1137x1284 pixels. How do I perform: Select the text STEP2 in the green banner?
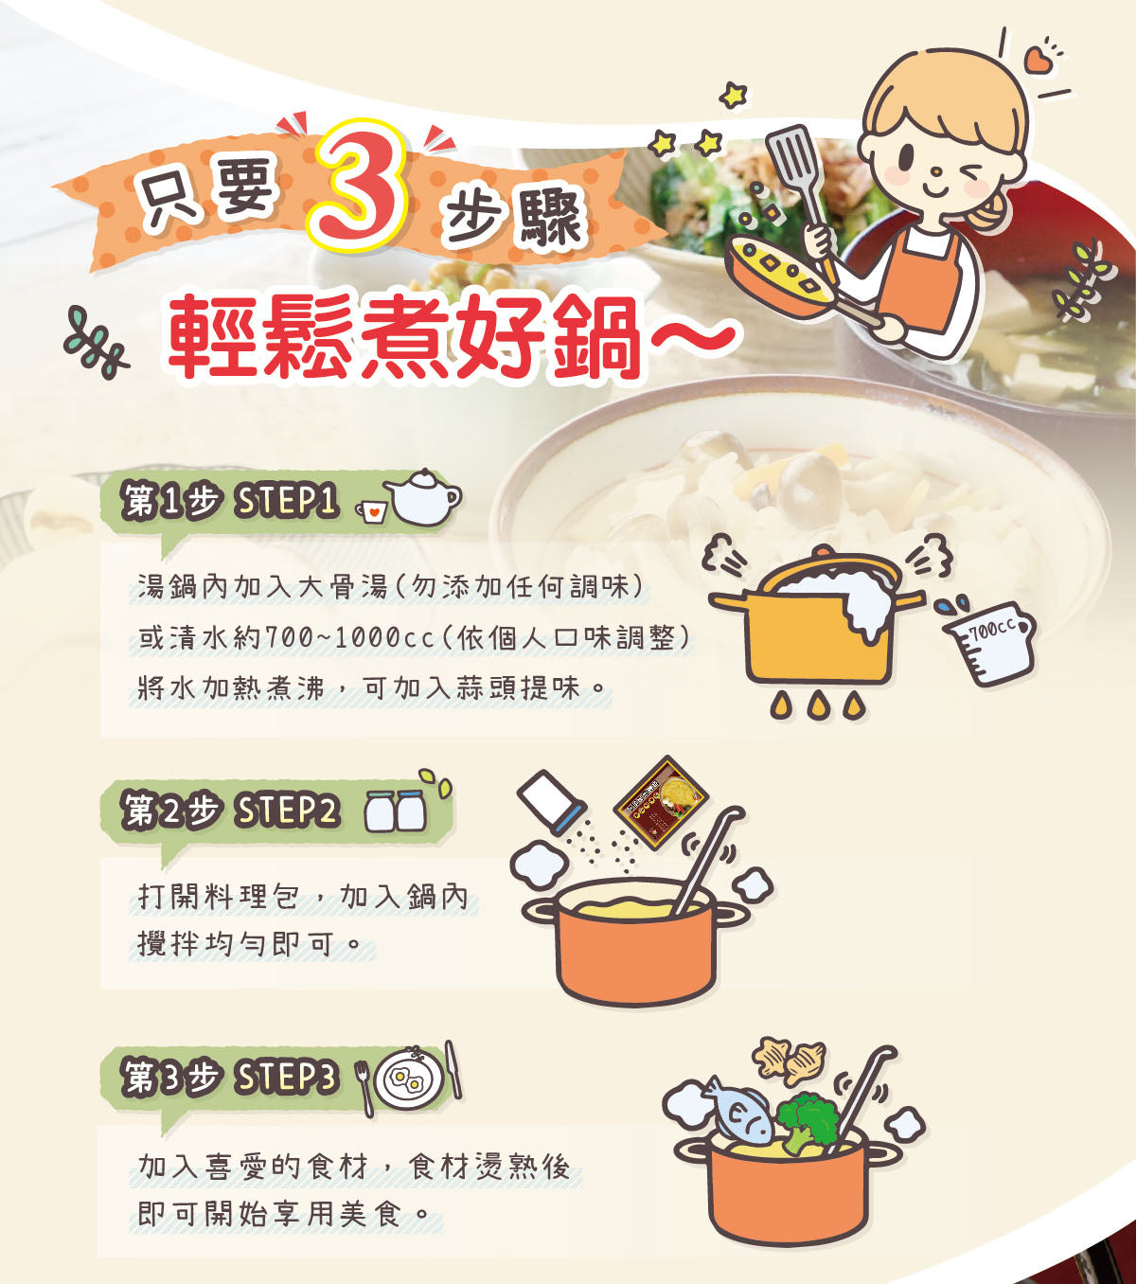(x=287, y=811)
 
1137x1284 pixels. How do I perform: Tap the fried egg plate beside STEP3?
(x=408, y=1079)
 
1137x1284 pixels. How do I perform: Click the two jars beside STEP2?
(x=396, y=811)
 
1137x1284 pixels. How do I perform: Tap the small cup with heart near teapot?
(x=373, y=512)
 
